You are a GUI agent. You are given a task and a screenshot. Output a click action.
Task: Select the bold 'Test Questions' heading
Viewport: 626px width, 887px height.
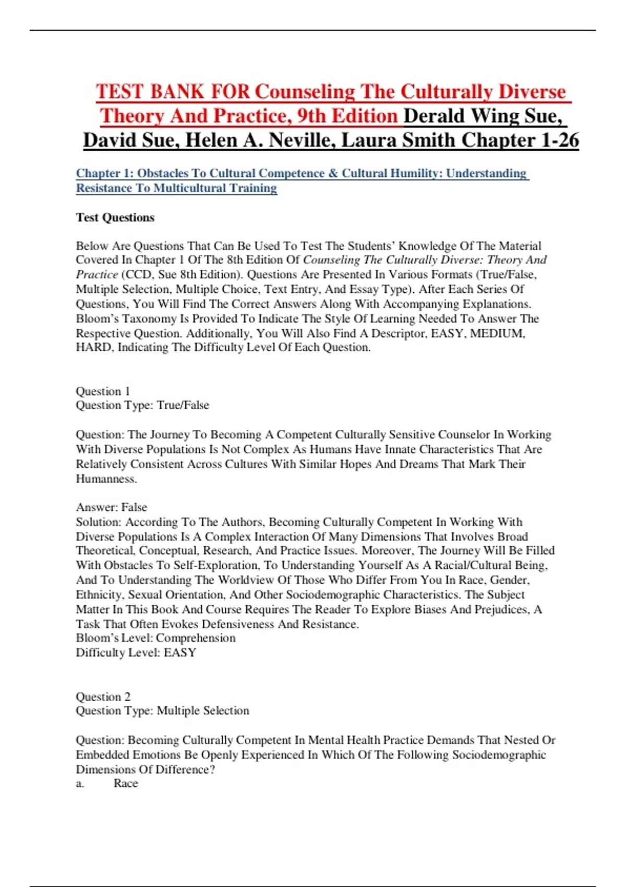point(115,218)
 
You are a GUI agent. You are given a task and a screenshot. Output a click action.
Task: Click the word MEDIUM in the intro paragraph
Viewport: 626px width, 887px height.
point(498,333)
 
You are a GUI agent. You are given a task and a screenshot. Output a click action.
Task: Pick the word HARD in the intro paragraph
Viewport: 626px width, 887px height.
point(93,347)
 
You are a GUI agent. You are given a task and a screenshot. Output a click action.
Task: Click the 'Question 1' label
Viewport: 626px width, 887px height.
point(103,391)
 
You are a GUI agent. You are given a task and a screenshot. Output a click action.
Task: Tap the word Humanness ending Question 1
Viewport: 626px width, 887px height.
point(106,478)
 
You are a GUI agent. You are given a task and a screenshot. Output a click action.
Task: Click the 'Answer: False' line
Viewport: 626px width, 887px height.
point(112,507)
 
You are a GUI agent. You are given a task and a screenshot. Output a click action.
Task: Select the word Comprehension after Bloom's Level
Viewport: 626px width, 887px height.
point(196,638)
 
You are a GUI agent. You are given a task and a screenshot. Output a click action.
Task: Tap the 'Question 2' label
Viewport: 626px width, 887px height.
point(103,697)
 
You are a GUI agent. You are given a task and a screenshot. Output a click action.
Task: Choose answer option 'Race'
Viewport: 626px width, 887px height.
point(126,783)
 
